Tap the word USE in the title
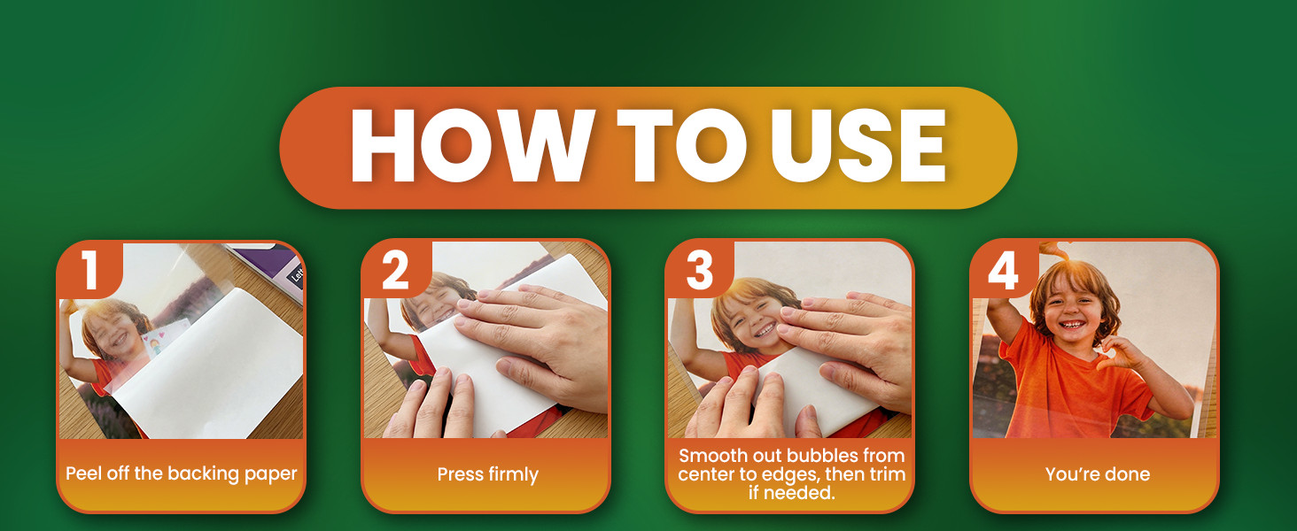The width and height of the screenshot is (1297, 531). pyautogui.click(x=858, y=145)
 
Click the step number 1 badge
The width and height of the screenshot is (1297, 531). pyautogui.click(x=89, y=270)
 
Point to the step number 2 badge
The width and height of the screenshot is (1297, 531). pyautogui.click(x=396, y=270)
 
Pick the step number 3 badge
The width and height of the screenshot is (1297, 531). pyautogui.click(x=700, y=270)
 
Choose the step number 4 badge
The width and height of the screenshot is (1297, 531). pyautogui.click(x=1004, y=270)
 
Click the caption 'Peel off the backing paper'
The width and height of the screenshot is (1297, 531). pyautogui.click(x=182, y=474)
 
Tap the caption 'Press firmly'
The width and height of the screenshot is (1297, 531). pyautogui.click(x=487, y=475)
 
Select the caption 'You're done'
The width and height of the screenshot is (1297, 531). pyautogui.click(x=1098, y=474)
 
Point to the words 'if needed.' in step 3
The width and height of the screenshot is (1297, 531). pyautogui.click(x=791, y=493)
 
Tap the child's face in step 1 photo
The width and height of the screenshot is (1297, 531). pyautogui.click(x=116, y=335)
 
